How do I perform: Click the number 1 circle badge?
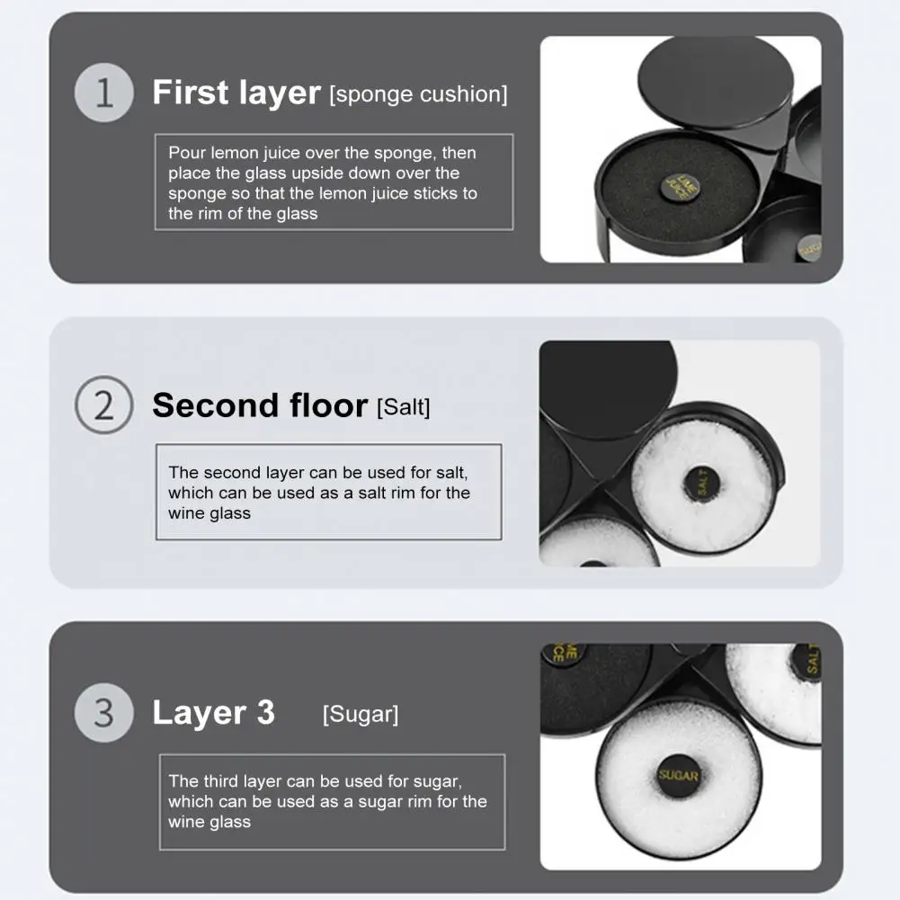104,93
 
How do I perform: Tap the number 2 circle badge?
104,405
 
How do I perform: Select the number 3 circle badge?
104,713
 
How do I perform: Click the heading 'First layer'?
236,93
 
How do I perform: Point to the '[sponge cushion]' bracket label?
418,94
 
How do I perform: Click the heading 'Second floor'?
260,405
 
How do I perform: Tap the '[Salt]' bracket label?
403,407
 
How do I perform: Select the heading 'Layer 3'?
213,712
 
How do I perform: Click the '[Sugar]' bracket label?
361,714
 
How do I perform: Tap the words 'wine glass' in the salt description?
209,513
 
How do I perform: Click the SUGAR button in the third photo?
679,775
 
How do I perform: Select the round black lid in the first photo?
716,79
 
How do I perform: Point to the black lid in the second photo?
609,389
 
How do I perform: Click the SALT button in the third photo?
807,661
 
